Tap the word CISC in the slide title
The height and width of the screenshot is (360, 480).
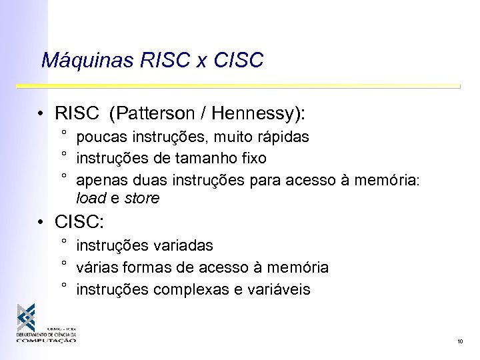point(239,61)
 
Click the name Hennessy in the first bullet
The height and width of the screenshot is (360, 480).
point(253,114)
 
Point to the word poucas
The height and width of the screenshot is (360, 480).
point(99,138)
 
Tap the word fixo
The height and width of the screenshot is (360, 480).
point(252,159)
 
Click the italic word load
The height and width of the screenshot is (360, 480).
point(90,199)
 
